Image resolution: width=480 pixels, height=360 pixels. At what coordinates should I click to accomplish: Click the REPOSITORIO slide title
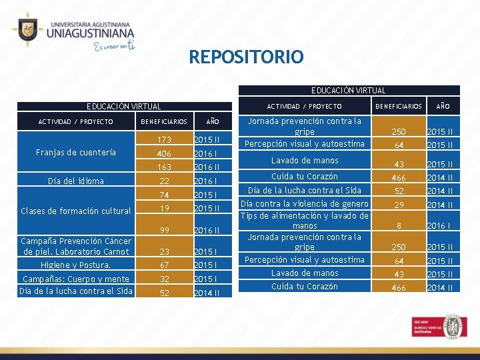pyautogui.click(x=246, y=57)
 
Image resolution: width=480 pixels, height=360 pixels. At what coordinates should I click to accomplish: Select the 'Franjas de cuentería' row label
pyautogui.click(x=76, y=153)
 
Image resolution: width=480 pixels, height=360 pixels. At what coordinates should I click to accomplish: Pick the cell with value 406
pyautogui.click(x=163, y=153)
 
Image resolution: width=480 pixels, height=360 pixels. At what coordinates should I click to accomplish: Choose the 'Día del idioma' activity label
pyautogui.click(x=76, y=181)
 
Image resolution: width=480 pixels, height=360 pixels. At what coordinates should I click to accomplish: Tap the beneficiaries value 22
pyautogui.click(x=163, y=181)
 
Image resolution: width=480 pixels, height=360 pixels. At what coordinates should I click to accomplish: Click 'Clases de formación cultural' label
pyautogui.click(x=76, y=211)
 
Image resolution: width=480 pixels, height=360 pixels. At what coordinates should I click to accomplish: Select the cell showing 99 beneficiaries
pyautogui.click(x=163, y=231)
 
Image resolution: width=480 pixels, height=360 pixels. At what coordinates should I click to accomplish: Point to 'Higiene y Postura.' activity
pyautogui.click(x=76, y=265)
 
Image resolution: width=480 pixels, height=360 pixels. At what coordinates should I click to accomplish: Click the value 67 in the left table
pyautogui.click(x=163, y=265)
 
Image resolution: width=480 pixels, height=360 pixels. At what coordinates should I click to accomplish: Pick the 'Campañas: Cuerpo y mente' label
pyautogui.click(x=76, y=279)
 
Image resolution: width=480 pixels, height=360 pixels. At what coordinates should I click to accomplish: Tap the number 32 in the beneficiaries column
pyautogui.click(x=163, y=279)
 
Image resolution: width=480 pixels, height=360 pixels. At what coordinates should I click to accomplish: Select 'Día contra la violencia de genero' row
pyautogui.click(x=304, y=204)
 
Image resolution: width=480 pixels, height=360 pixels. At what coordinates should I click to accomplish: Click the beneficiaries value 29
pyautogui.click(x=399, y=205)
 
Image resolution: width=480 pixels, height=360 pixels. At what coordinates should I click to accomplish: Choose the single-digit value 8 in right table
pyautogui.click(x=399, y=226)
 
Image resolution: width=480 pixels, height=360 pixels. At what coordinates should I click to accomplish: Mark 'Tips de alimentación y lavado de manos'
pyautogui.click(x=304, y=221)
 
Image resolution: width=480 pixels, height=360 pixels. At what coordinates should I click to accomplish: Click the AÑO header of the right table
pyautogui.click(x=443, y=106)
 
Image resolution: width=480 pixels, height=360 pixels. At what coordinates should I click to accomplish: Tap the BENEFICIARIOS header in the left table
pyautogui.click(x=163, y=122)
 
